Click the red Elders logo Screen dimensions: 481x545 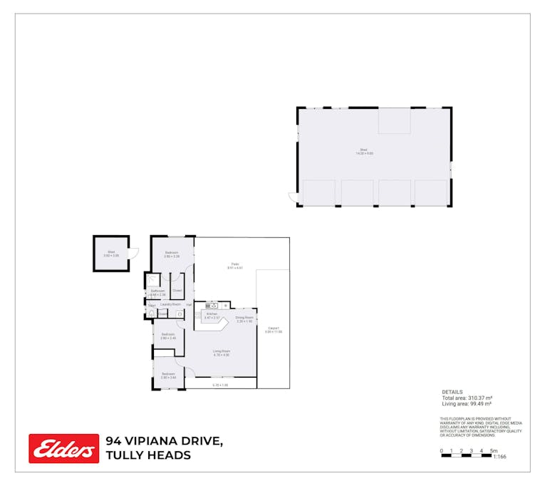pyautogui.click(x=63, y=448)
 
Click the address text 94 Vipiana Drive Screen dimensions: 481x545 pyautogui.click(x=164, y=442)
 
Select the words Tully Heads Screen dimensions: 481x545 pyautogui.click(x=148, y=455)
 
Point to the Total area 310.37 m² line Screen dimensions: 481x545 pyautogui.click(x=468, y=398)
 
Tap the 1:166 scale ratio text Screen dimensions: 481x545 pyautogui.click(x=499, y=457)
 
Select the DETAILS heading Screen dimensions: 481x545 pyautogui.click(x=452, y=392)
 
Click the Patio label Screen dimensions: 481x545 pyautogui.click(x=235, y=266)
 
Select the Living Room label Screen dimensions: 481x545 pyautogui.click(x=221, y=352)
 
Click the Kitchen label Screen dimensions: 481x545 pyautogui.click(x=212, y=315)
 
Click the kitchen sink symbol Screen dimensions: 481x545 pyautogui.click(x=212, y=306)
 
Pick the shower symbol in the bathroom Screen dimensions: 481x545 pyautogui.click(x=154, y=281)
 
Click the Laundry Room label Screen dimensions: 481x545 pyautogui.click(x=170, y=304)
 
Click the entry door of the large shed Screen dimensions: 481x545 pyautogui.click(x=292, y=196)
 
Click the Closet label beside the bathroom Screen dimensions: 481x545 pyautogui.click(x=177, y=290)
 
